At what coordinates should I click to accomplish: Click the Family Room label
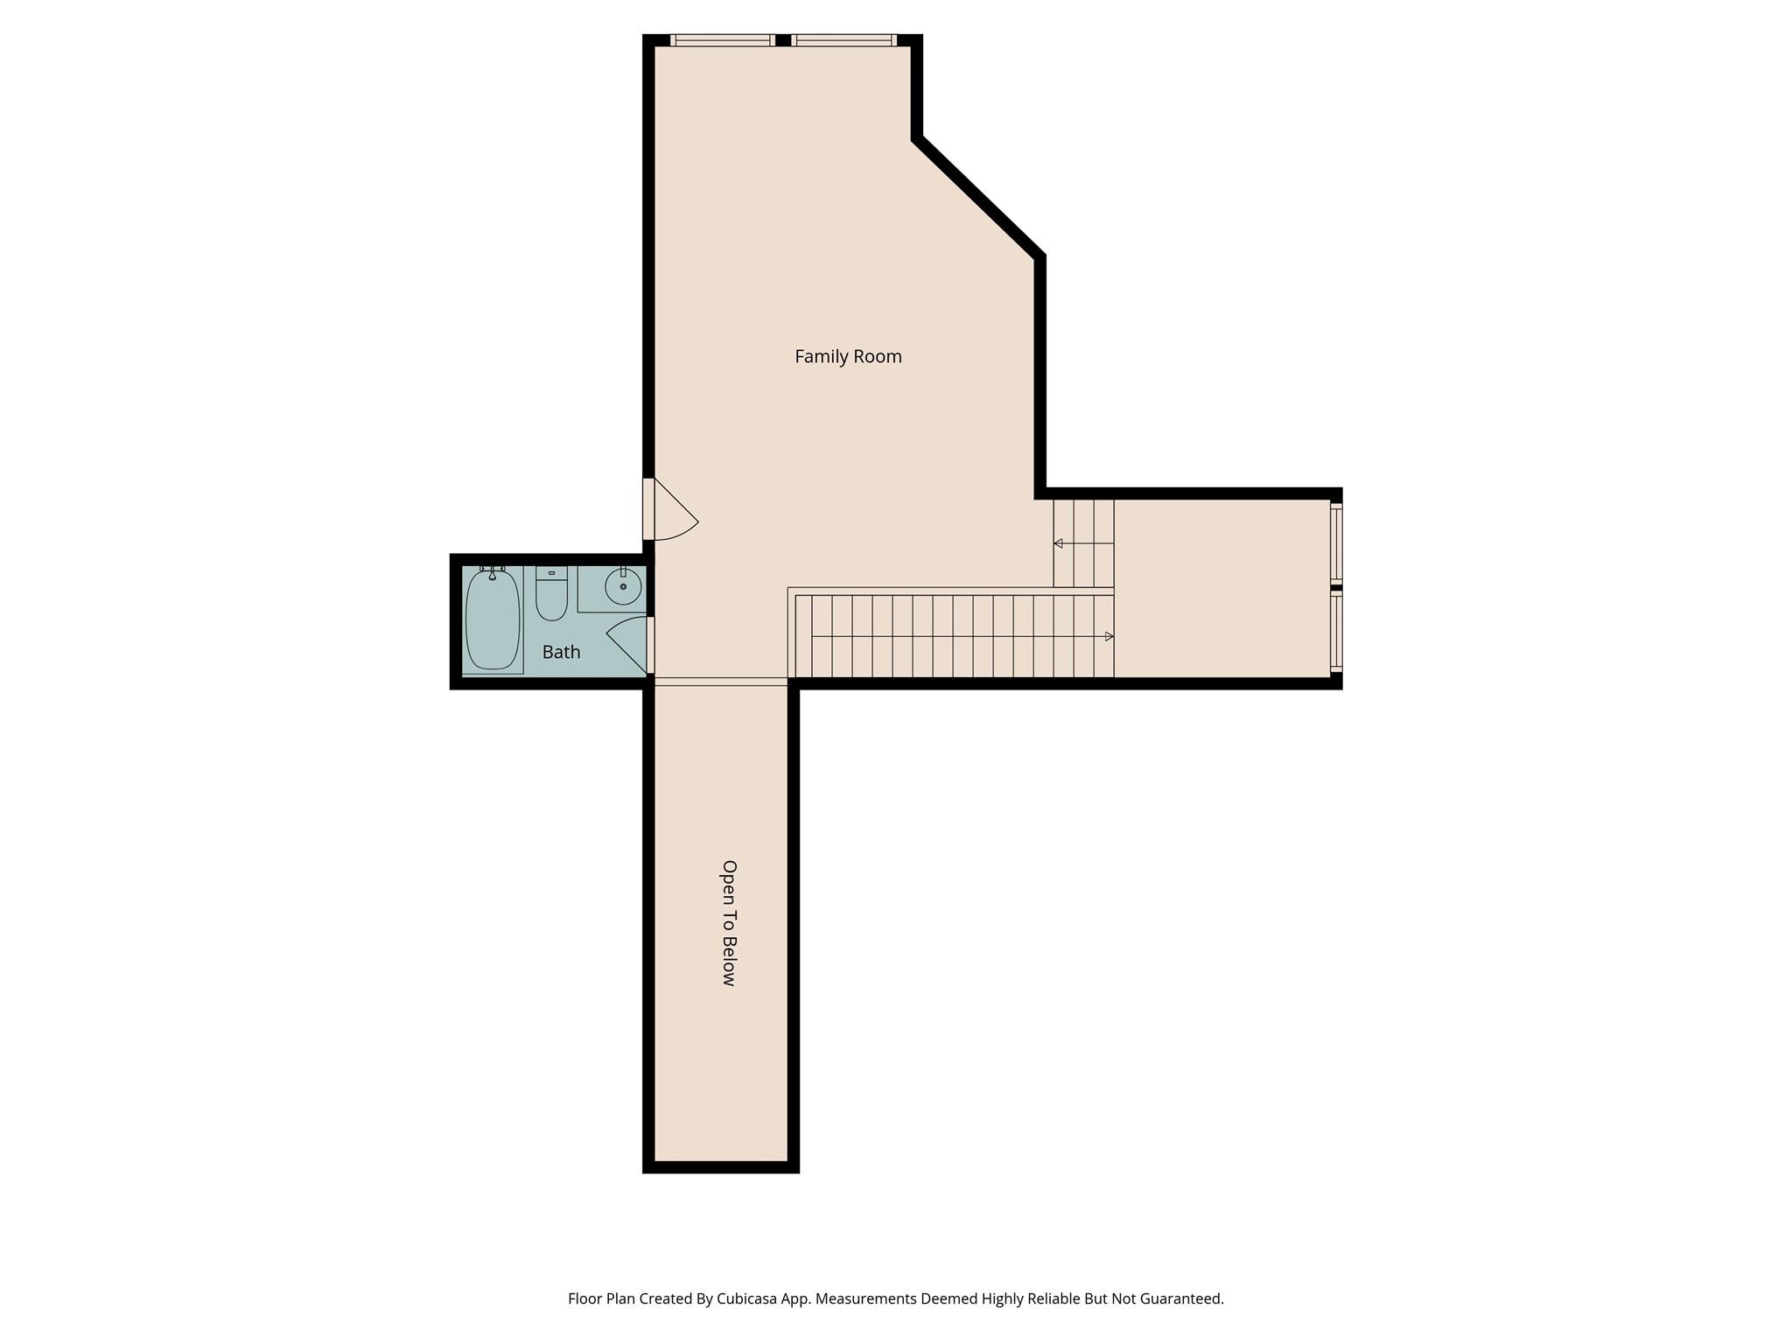848,356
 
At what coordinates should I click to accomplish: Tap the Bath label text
561,652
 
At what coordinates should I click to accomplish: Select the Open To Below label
729,923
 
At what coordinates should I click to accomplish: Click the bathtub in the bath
493,619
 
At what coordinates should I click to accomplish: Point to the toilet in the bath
551,598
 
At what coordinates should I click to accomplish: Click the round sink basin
623,586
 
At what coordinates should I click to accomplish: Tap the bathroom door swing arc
623,639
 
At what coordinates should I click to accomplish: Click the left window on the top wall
723,40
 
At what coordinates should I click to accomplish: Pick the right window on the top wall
844,40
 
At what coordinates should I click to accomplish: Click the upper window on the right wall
1336,543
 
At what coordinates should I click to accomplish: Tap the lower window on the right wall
1336,631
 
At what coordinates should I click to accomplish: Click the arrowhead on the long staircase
1109,636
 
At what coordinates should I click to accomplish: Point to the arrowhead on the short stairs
1058,543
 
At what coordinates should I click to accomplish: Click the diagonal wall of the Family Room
978,197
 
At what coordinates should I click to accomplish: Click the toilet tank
551,572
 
